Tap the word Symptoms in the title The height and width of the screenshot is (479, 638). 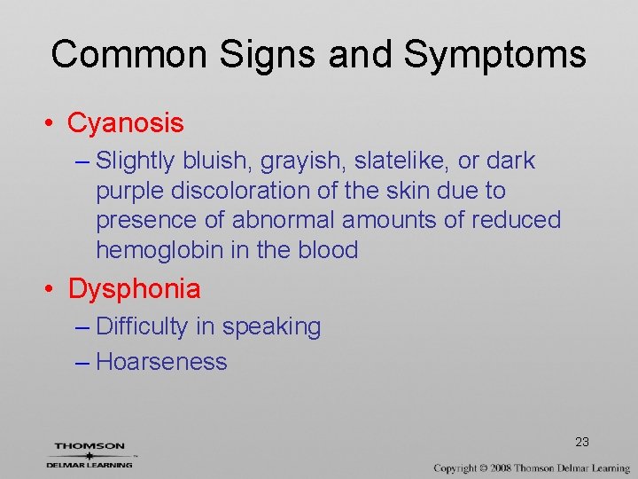495,54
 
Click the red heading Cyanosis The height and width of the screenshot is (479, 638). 126,123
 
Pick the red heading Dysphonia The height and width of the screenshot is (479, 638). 135,288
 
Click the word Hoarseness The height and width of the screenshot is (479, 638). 161,362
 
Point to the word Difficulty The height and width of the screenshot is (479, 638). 142,327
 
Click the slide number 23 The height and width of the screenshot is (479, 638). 582,442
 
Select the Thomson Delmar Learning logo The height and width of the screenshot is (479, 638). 89,454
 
